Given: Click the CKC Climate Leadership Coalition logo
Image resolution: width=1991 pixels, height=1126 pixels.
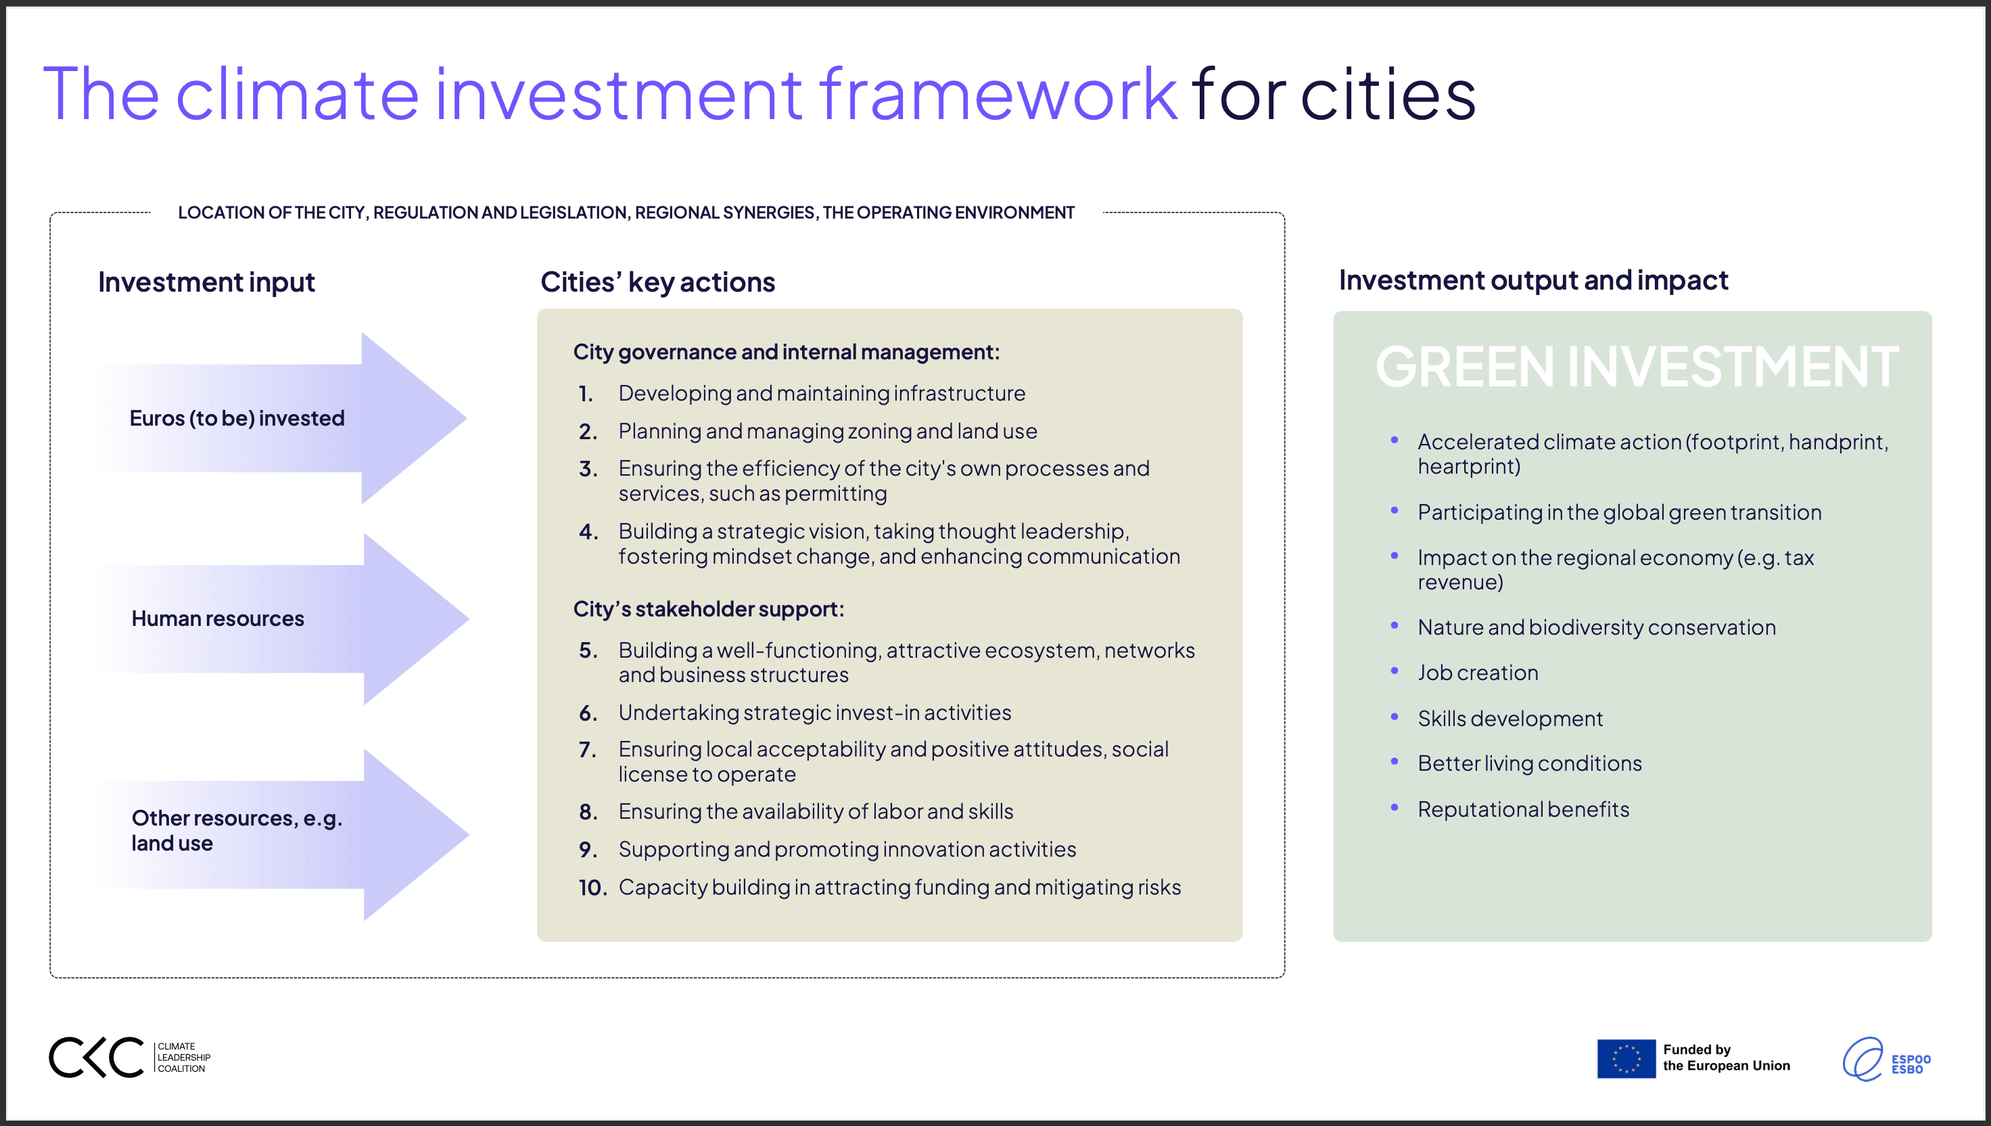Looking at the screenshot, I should pos(129,1057).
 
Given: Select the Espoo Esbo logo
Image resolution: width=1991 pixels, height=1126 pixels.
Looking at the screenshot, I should pos(1886,1060).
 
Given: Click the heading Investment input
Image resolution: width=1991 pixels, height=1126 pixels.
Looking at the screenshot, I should pos(206,282).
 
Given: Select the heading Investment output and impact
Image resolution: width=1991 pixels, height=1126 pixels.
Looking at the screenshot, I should pos(1532,280).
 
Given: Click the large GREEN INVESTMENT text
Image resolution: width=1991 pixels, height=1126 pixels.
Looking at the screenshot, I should pos(1636,367).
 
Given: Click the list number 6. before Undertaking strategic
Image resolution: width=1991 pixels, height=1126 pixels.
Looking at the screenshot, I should pos(588,713).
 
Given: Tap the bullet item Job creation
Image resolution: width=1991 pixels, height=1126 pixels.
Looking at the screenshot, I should pos(1477,673).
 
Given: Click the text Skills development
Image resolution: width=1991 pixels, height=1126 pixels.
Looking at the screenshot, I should pos(1509,719).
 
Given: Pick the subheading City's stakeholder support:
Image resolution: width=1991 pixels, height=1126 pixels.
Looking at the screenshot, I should pos(708,610).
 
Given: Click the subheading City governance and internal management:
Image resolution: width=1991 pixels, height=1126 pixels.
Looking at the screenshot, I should pos(786,352).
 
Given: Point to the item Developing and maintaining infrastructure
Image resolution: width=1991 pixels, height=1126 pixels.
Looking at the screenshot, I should pos(821,394).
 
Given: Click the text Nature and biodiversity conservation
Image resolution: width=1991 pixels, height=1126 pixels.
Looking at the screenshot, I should pos(1596,627).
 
